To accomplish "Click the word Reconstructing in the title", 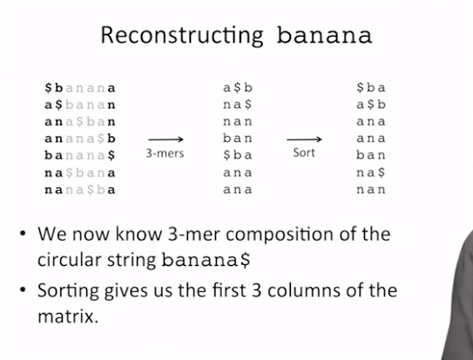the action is pyautogui.click(x=182, y=36).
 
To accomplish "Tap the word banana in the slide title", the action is pyautogui.click(x=324, y=35).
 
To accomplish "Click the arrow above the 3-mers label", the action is pyautogui.click(x=166, y=139).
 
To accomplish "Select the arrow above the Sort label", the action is pyautogui.click(x=304, y=139).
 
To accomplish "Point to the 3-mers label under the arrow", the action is pyautogui.click(x=165, y=153).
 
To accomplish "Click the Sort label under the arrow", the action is pyautogui.click(x=304, y=153).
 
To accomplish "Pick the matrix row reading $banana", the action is pyautogui.click(x=80, y=88).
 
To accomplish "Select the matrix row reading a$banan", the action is pyautogui.click(x=80, y=105).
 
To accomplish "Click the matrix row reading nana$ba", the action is pyautogui.click(x=80, y=190).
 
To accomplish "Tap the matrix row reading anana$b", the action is pyautogui.click(x=80, y=139).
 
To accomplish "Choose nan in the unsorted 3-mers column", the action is pyautogui.click(x=238, y=122).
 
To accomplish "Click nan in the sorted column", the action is pyautogui.click(x=371, y=190).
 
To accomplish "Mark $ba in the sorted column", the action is pyautogui.click(x=371, y=88).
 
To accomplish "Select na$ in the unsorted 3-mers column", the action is pyautogui.click(x=238, y=105).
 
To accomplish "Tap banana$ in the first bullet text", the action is pyautogui.click(x=206, y=260).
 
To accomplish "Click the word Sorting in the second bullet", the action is pyautogui.click(x=69, y=291).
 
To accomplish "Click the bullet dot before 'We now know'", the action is pyautogui.click(x=23, y=234).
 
